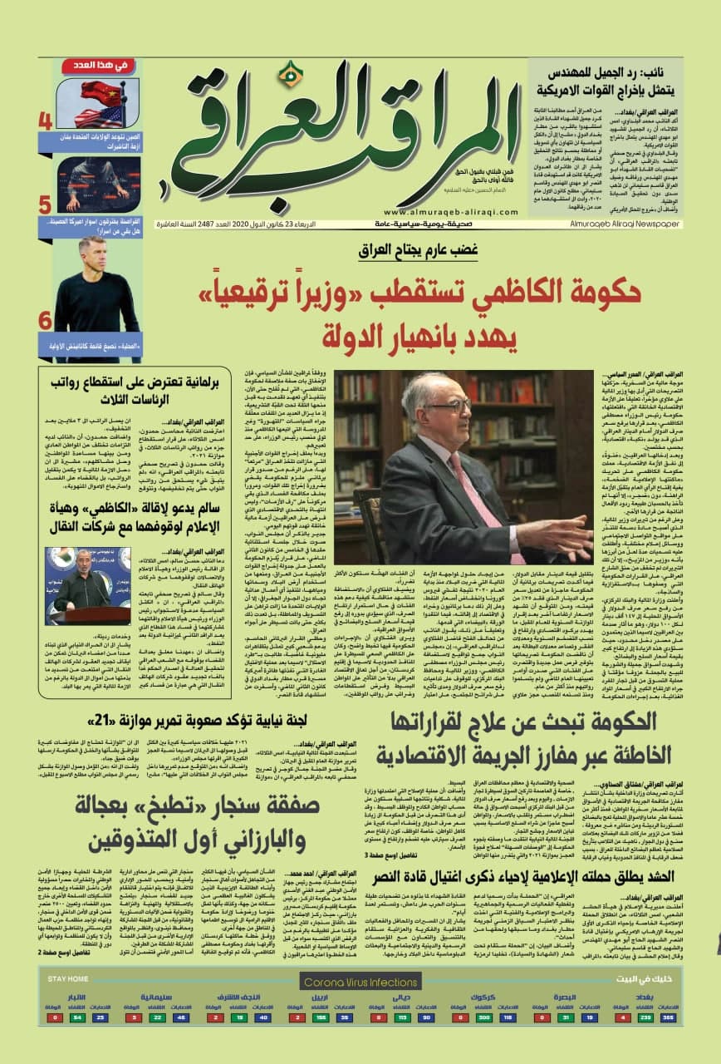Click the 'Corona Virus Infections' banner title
coord(360,983)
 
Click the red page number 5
coord(45,204)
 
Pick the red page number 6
coord(45,320)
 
